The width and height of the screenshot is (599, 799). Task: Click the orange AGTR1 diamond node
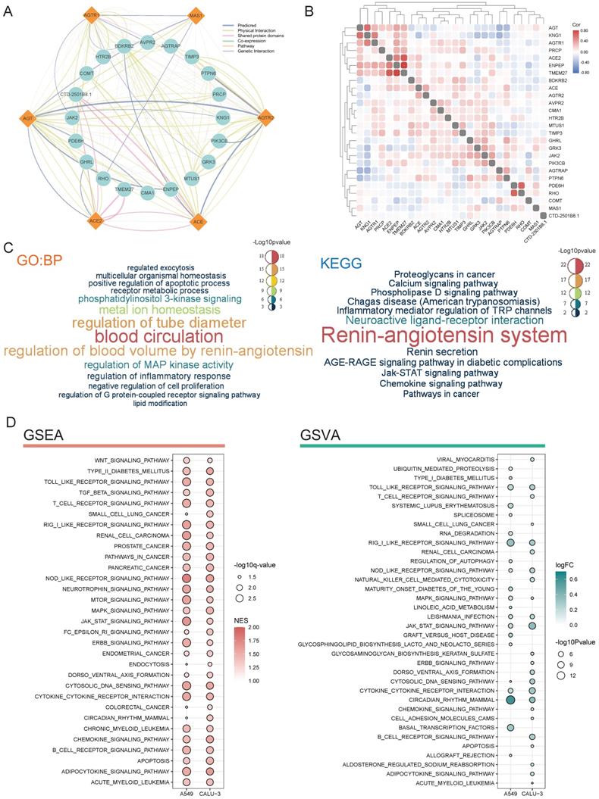pyautogui.click(x=90, y=15)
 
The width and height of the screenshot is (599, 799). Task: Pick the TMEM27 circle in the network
pyautogui.click(x=124, y=189)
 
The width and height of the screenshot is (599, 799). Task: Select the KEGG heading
pyautogui.click(x=340, y=262)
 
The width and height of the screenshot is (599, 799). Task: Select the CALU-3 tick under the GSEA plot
pyautogui.click(x=209, y=793)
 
